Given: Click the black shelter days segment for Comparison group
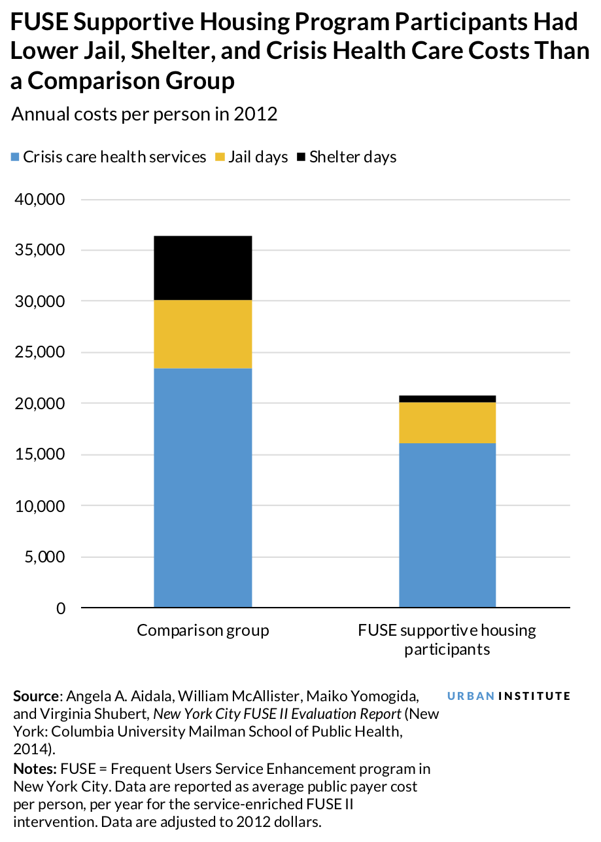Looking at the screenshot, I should point(203,268).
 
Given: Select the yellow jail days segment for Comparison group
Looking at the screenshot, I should point(203,334).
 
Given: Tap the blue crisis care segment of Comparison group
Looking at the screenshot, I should point(203,488).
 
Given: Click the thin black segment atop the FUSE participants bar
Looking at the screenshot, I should point(447,399).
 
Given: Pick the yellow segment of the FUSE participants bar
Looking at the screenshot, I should point(447,422).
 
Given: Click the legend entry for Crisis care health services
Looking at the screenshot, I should point(109,157).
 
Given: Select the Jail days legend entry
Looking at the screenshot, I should point(252,157).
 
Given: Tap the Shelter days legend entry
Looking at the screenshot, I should point(347,157).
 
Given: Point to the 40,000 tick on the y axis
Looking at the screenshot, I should point(41,199).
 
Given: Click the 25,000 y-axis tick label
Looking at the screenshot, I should point(41,353).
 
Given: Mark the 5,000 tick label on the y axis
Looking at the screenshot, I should point(44,557).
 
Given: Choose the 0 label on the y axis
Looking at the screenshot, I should point(61,608).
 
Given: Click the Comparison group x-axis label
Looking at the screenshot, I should point(203,631).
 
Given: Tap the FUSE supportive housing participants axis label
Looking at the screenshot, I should point(447,640).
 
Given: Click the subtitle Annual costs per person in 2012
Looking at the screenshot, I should point(145,115).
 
